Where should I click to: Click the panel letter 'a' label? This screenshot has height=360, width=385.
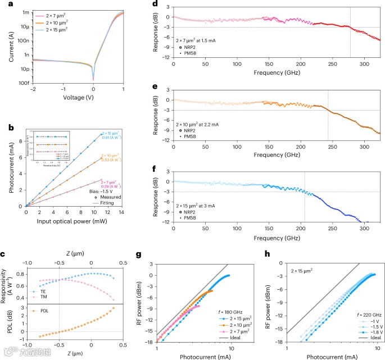click(4, 4)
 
